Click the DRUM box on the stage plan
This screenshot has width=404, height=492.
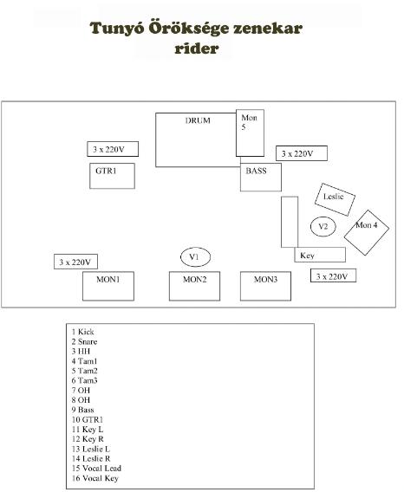(198, 140)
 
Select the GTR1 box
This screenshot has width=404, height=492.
(112, 176)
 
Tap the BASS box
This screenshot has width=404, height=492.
(261, 177)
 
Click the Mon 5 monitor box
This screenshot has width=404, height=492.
(250, 133)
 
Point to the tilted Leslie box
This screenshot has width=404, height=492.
(335, 199)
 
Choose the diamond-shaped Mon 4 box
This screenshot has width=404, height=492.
(367, 232)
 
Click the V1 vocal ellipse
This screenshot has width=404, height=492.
(195, 257)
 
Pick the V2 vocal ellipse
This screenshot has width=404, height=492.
(323, 226)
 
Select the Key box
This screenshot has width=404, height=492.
(320, 255)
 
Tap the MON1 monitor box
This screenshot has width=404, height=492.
(108, 286)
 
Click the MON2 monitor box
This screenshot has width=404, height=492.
(195, 286)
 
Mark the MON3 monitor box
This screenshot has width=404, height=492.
(266, 286)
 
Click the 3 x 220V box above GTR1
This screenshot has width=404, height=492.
(113, 149)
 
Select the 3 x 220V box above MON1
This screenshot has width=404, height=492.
(75, 262)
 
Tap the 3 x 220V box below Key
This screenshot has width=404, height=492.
(333, 275)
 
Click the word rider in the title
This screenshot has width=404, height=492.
(197, 49)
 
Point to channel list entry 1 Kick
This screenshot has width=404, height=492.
(82, 332)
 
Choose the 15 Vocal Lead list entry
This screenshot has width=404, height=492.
(96, 468)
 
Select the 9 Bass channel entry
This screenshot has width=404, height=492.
(82, 410)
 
